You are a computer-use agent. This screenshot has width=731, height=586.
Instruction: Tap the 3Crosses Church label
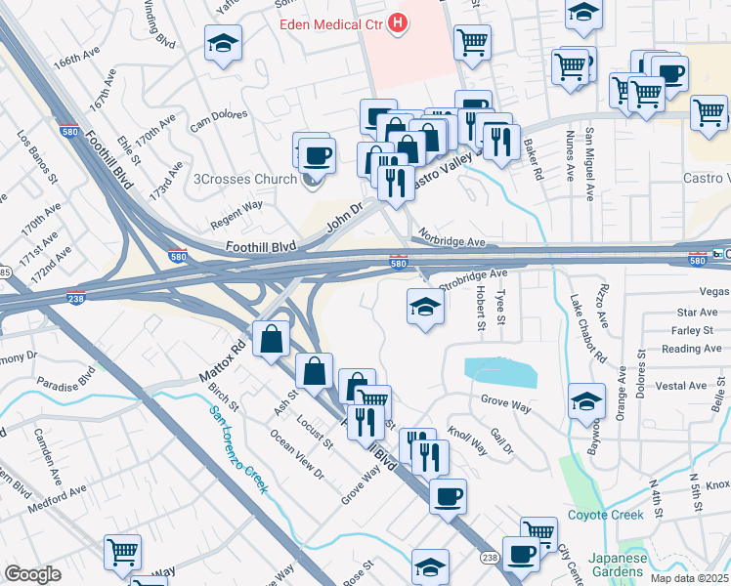click(x=245, y=179)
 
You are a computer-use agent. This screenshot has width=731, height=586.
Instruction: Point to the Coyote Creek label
click(x=602, y=515)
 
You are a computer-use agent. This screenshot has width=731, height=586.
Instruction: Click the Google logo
click(x=32, y=574)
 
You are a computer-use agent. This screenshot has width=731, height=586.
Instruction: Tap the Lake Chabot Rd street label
click(x=582, y=330)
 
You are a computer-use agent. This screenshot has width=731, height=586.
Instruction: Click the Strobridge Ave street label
click(x=473, y=280)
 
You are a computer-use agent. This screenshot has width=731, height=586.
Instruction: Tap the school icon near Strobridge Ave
click(x=423, y=307)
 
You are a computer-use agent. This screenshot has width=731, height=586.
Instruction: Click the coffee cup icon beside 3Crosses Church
click(x=316, y=154)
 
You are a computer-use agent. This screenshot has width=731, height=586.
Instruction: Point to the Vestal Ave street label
click(x=684, y=386)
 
